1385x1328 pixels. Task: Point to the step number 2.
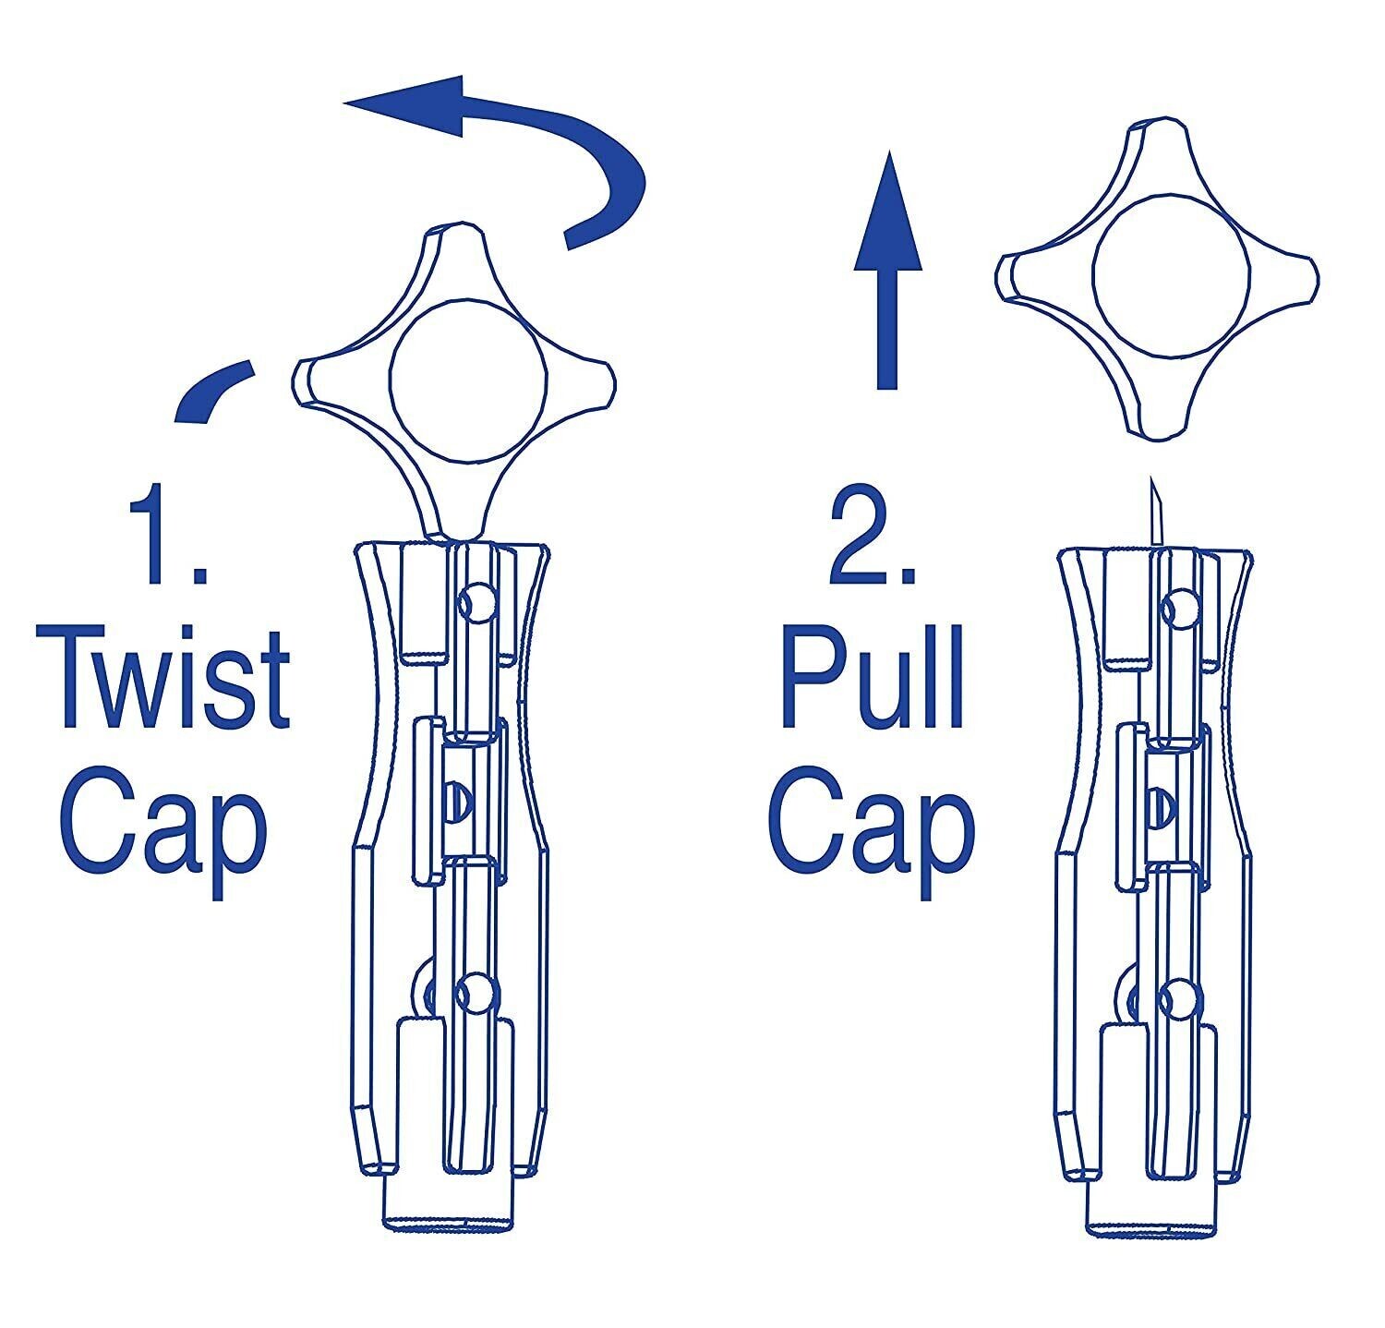[x=873, y=537]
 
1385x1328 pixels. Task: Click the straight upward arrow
[x=886, y=268]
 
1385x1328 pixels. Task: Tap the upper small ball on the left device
[x=477, y=602]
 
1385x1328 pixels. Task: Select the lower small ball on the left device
[x=477, y=992]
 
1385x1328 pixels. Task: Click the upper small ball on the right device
[x=1181, y=606]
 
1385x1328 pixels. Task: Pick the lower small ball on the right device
[x=1181, y=996]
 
